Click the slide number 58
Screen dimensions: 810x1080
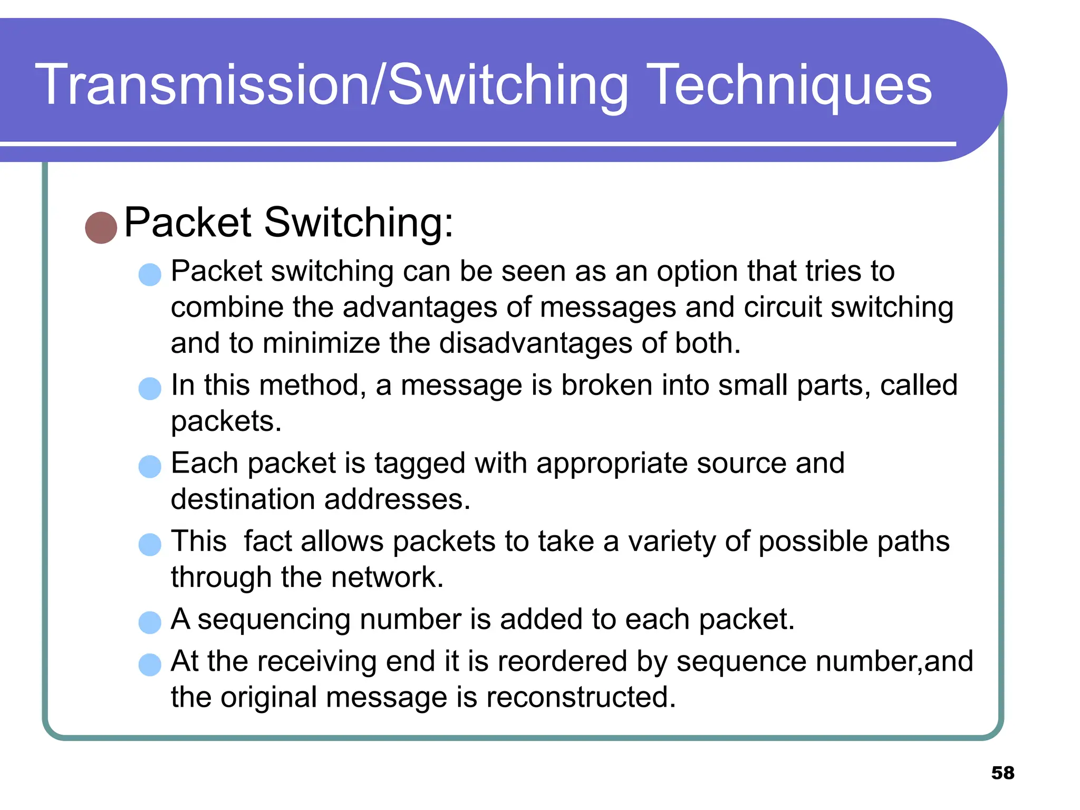[1002, 773]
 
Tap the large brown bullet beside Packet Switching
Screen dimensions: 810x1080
[101, 228]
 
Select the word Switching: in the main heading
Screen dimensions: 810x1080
[359, 223]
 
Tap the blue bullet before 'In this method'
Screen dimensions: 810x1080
[150, 389]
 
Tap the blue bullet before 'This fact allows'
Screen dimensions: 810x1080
[150, 545]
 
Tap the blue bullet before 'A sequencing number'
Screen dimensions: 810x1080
[150, 622]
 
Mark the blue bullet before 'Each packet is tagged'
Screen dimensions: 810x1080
[150, 467]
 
